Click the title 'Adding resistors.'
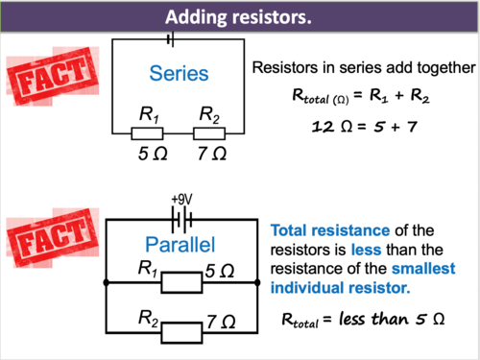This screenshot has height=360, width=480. [238, 17]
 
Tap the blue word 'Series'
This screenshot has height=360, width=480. [179, 74]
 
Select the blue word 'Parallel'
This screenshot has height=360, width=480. [180, 245]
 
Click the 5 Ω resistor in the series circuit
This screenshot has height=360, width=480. [147, 133]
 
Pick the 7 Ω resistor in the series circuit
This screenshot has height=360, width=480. [209, 133]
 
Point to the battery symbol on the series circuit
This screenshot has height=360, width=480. [171, 39]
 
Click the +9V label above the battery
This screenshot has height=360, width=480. [181, 200]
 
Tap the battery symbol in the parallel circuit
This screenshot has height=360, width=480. [181, 220]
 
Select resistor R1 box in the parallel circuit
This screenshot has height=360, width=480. [181, 282]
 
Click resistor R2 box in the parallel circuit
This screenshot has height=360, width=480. [181, 333]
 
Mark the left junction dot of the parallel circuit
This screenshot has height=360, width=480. [107, 282]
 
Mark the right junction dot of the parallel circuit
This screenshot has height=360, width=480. [257, 282]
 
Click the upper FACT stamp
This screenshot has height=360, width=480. [53, 77]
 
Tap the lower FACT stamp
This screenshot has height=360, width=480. [53, 238]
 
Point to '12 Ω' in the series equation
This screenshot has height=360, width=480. [333, 127]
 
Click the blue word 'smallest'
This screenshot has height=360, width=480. [423, 269]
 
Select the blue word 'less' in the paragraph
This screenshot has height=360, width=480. [366, 250]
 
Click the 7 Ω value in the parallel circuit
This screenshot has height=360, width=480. [221, 322]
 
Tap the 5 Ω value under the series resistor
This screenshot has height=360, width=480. [153, 154]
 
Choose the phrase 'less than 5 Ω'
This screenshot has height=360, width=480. [392, 319]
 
